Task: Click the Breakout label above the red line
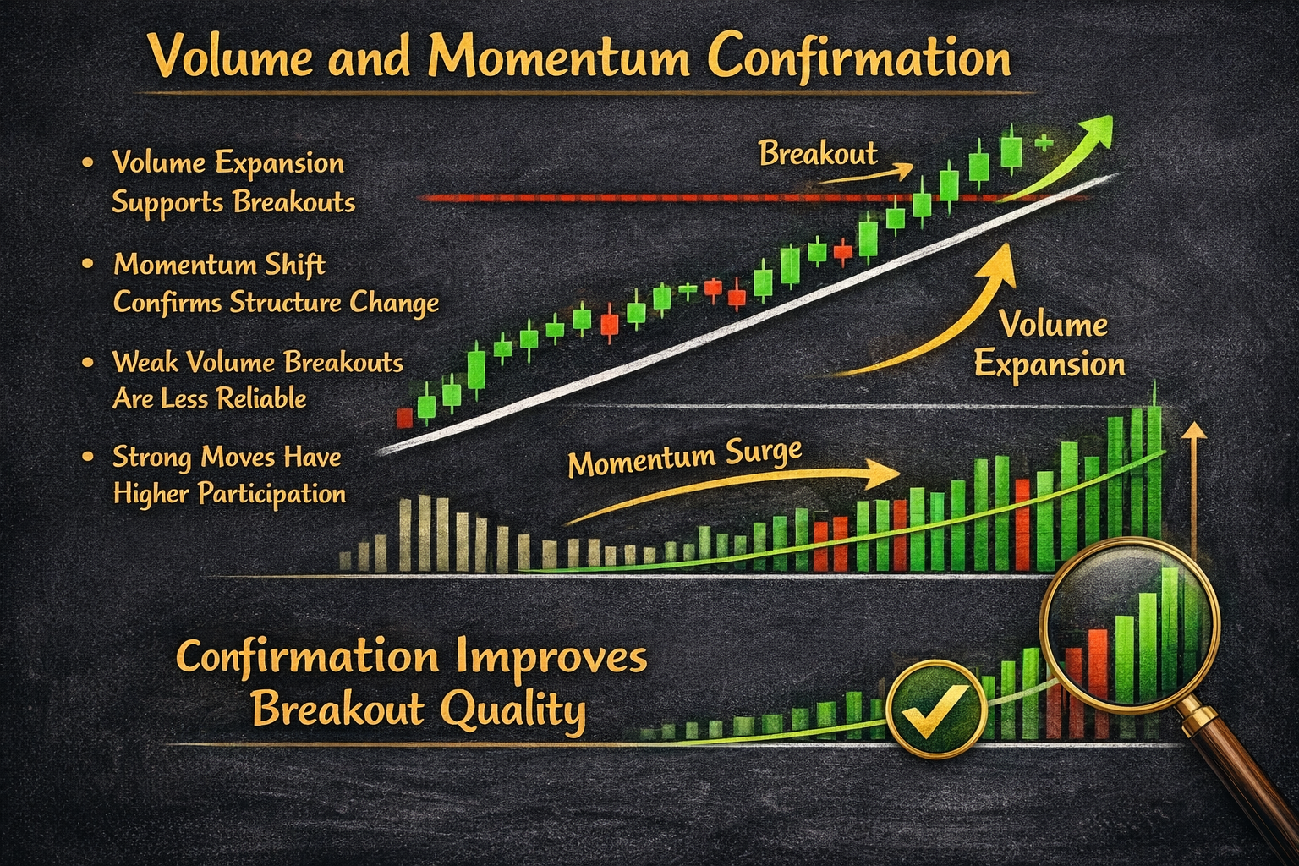tap(818, 154)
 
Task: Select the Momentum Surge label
tap(684, 458)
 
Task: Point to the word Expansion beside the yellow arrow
tap(1050, 364)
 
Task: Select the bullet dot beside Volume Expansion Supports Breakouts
tap(88, 162)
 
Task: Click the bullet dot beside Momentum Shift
tap(88, 265)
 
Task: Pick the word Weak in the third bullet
tap(145, 362)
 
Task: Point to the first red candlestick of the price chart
tap(404, 418)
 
